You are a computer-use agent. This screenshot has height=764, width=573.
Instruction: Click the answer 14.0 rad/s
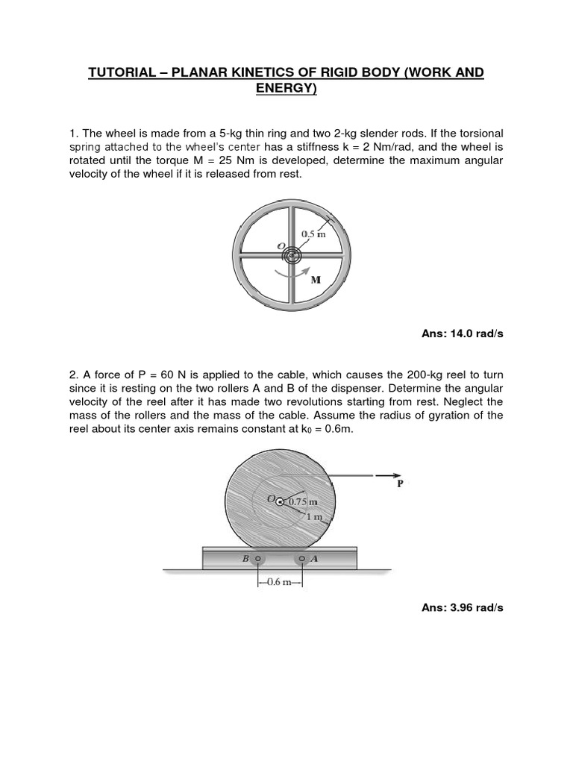(x=463, y=334)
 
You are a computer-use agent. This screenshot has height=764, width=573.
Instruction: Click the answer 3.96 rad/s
(x=463, y=608)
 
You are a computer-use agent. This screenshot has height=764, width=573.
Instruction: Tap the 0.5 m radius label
(x=313, y=234)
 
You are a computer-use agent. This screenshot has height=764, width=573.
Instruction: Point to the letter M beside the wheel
(x=316, y=281)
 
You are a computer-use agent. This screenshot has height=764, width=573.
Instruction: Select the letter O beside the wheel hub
(x=281, y=245)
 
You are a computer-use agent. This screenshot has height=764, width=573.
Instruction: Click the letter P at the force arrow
(x=400, y=483)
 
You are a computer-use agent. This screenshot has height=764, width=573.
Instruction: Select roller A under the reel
(x=302, y=557)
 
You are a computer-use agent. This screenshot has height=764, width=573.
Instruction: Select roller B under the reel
(x=258, y=557)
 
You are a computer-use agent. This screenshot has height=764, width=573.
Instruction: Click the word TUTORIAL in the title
(x=126, y=72)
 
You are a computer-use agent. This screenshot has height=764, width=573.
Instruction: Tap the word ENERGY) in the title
(x=286, y=90)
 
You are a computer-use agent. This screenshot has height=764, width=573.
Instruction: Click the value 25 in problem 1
(x=231, y=160)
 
